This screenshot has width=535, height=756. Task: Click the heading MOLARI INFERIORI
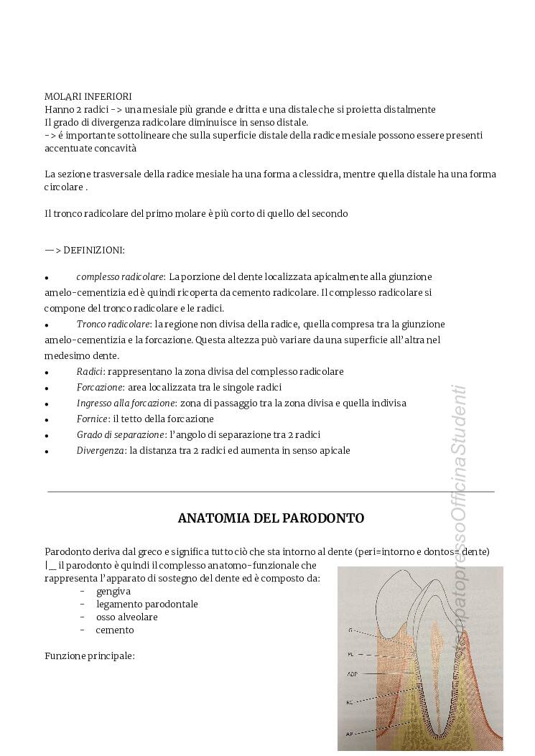click(88, 96)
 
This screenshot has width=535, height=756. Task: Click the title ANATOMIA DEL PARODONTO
click(271, 518)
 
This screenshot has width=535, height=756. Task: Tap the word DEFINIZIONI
click(94, 250)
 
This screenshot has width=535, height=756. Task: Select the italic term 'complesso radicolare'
click(121, 276)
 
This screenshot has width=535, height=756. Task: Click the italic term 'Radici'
click(90, 371)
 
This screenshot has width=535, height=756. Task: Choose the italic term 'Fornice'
click(92, 419)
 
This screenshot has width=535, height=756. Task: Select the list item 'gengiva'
click(113, 591)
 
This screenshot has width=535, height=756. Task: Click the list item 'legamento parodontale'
click(146, 604)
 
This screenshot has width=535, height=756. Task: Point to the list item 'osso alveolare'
click(127, 617)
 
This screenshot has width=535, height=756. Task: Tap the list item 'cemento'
click(115, 630)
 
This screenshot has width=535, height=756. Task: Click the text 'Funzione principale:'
click(90, 655)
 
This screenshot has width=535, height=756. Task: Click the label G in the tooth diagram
click(350, 630)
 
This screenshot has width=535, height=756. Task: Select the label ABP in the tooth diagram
click(353, 674)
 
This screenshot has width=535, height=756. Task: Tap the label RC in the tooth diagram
click(350, 701)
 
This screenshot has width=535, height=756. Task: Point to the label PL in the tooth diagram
click(351, 654)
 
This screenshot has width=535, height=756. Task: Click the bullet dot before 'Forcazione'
click(47, 388)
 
